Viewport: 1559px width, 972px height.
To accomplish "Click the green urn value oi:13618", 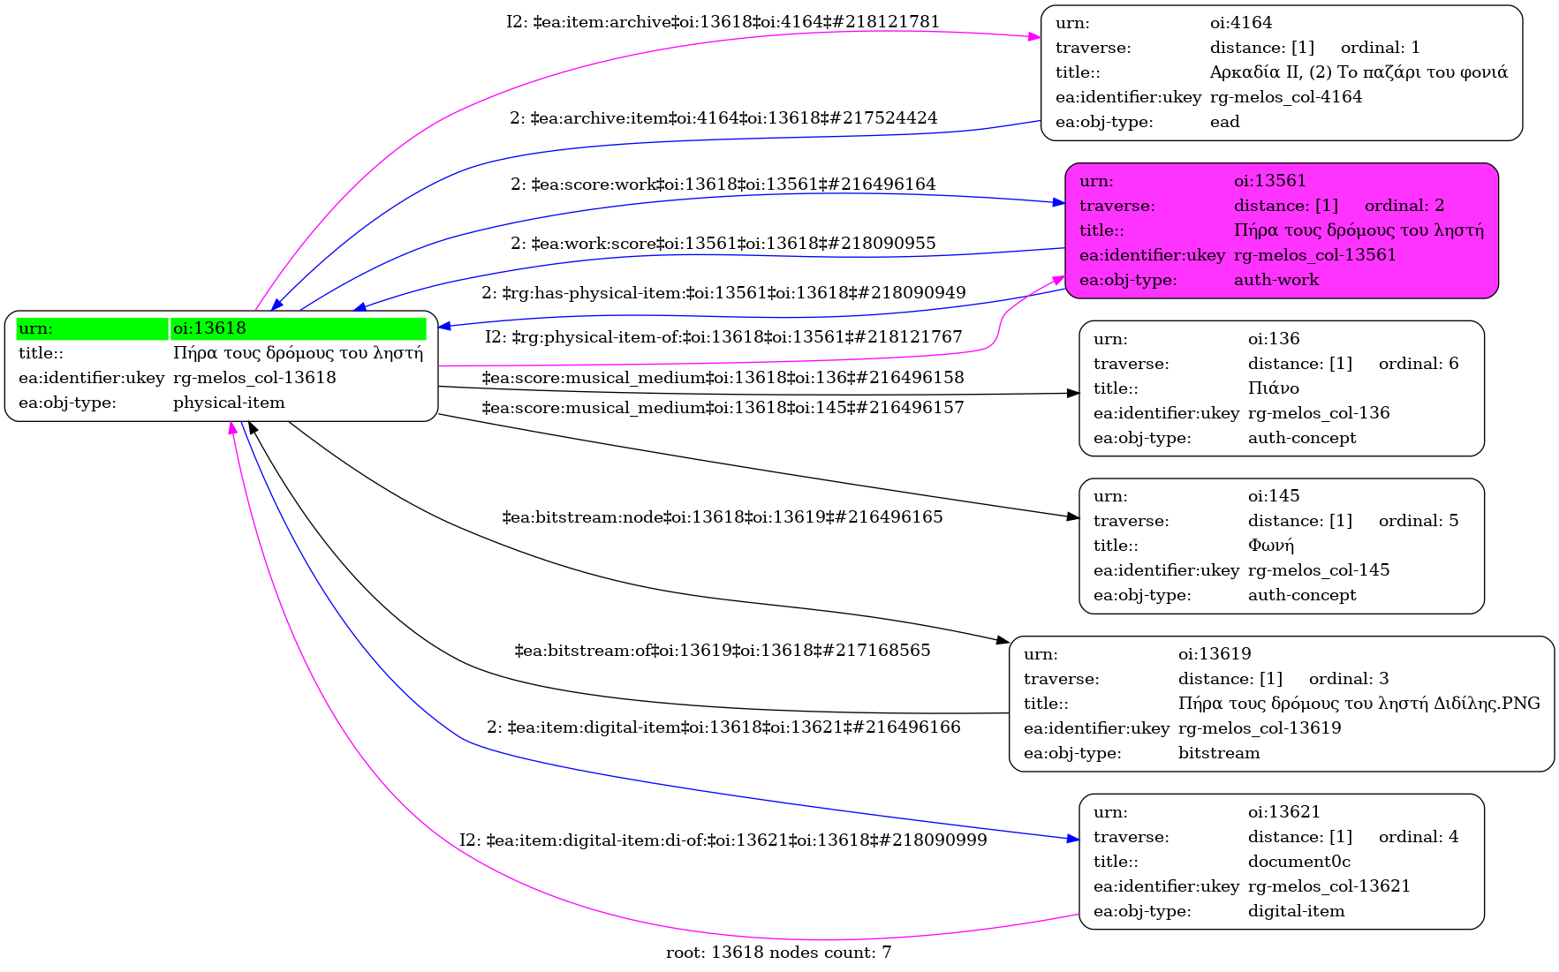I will tap(209, 328).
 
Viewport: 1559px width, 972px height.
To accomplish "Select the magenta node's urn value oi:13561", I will tap(1269, 181).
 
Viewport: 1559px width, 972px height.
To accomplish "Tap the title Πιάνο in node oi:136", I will tap(1273, 388).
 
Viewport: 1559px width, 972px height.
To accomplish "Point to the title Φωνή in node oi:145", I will tap(1270, 546).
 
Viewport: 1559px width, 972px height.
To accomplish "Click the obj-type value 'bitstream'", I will tap(1218, 753).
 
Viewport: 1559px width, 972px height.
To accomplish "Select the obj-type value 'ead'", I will tap(1224, 122).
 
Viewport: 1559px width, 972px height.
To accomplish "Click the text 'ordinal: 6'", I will tap(1418, 364).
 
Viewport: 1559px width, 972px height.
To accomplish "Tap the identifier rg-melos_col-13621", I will tap(1328, 886).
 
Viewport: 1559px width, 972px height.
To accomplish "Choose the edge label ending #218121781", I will tap(723, 22).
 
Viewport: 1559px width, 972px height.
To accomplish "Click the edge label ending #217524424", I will tap(723, 118).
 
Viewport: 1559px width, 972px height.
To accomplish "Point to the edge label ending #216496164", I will tap(723, 185).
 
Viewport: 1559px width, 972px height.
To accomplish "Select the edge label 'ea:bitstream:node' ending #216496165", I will tap(722, 517).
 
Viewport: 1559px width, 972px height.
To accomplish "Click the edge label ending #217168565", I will tap(722, 651).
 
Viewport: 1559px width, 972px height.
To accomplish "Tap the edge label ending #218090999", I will tap(723, 840).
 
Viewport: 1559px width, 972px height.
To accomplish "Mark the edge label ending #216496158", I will tap(722, 378).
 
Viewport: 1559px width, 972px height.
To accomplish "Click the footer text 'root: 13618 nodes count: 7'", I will tap(778, 953).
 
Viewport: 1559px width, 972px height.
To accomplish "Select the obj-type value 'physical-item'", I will tap(229, 403).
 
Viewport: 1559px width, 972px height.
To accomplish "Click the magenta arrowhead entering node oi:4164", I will tap(1034, 37).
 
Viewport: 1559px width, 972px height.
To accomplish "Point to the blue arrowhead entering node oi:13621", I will tap(1072, 839).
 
